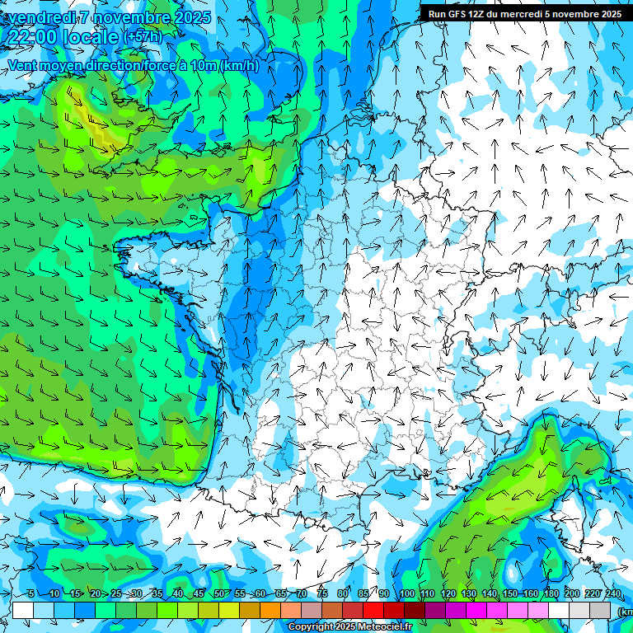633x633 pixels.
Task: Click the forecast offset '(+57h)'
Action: (142, 37)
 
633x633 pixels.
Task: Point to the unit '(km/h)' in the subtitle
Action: (239, 66)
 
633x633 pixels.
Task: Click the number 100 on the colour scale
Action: (407, 594)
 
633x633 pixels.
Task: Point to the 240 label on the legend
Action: (613, 594)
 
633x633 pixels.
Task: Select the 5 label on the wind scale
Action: (31, 594)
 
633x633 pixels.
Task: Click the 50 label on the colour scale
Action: (219, 594)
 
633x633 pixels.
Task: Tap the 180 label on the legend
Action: (551, 594)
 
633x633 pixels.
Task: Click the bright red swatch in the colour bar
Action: (373, 610)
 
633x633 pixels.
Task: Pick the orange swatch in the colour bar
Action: (270, 610)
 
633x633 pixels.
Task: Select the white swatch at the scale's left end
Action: (23, 610)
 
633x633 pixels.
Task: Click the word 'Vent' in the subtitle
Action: (23, 66)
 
